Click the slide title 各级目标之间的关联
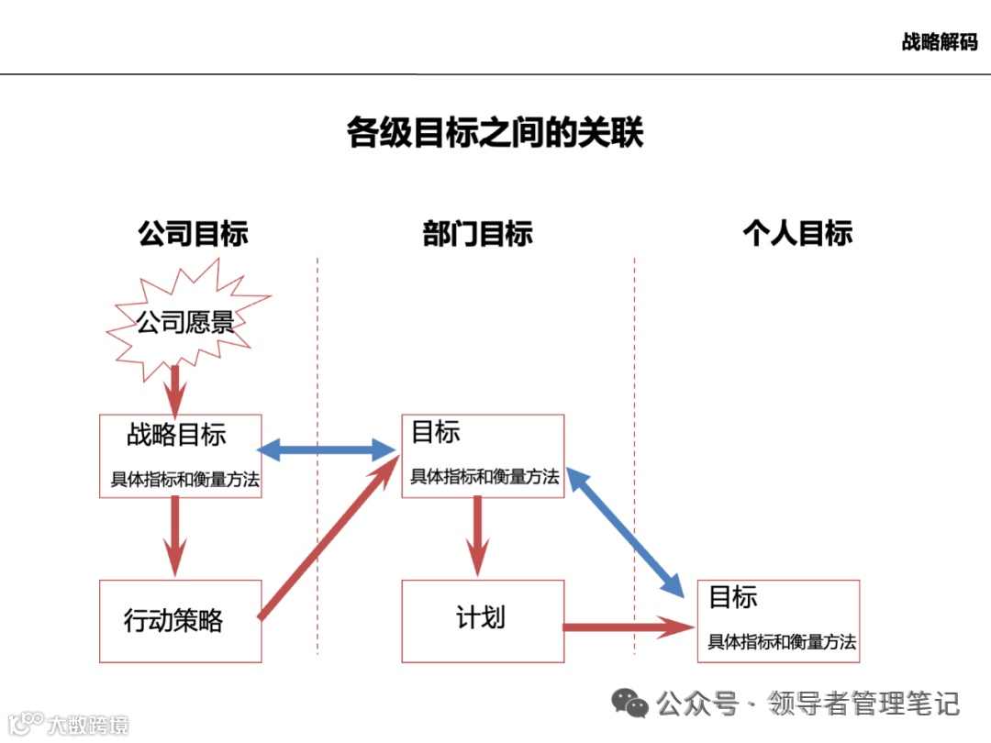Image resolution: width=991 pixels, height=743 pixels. click(495, 132)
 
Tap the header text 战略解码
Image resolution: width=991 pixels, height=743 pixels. click(939, 42)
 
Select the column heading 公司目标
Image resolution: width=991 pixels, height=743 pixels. click(193, 233)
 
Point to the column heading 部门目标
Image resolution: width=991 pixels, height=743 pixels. click(477, 233)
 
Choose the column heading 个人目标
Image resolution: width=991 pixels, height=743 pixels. click(796, 233)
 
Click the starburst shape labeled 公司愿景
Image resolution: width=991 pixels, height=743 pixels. click(186, 322)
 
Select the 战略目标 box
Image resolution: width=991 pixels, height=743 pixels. click(181, 456)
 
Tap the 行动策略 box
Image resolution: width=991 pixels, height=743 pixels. click(181, 621)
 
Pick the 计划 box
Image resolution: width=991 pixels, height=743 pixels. click(483, 621)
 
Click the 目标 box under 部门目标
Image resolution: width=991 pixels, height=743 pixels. click(483, 456)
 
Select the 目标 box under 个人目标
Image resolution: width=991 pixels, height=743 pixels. click(778, 621)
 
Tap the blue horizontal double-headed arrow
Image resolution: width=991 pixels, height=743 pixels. click(327, 449)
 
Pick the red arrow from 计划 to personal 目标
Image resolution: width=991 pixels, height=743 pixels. click(629, 627)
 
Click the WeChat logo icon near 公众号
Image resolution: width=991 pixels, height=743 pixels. click(631, 704)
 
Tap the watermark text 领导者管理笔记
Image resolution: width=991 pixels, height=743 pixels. click(864, 704)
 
